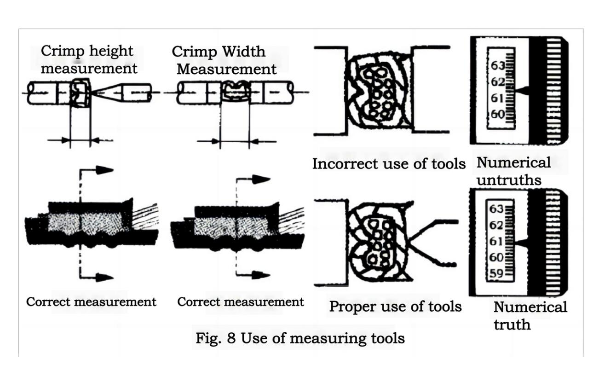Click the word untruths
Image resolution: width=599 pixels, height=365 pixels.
pos(509,180)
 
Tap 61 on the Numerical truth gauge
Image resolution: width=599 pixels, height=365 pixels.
pos(497,241)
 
